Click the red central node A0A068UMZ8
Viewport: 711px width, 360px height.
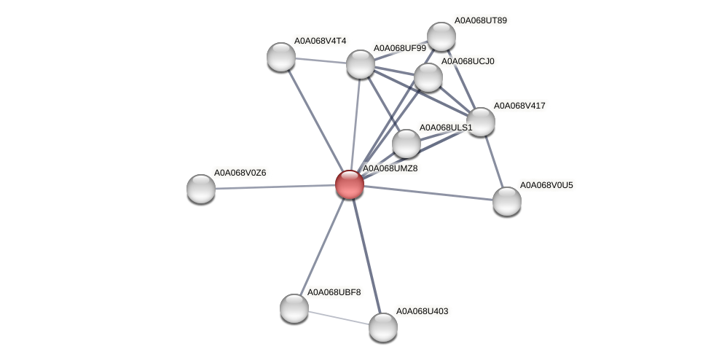click(x=350, y=184)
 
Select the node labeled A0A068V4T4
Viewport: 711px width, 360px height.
click(x=281, y=57)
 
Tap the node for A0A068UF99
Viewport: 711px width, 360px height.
click(x=361, y=64)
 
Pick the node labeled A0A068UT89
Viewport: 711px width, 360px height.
click(x=441, y=36)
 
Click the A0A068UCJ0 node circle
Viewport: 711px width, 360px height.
click(x=428, y=77)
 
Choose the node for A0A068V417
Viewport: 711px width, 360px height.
click(x=481, y=122)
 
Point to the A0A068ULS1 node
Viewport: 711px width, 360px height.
click(x=406, y=144)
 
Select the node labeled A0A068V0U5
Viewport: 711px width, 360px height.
click(x=507, y=201)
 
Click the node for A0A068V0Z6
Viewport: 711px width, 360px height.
click(x=201, y=189)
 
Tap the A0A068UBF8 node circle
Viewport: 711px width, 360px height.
click(x=294, y=308)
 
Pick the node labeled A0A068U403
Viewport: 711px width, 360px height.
click(x=383, y=327)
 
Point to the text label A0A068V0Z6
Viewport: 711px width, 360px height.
click(x=240, y=173)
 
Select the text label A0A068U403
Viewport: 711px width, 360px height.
click(x=422, y=311)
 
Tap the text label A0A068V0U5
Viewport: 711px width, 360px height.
click(x=546, y=185)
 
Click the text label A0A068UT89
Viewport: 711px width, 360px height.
click(x=480, y=20)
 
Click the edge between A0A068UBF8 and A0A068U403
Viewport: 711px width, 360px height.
click(x=339, y=318)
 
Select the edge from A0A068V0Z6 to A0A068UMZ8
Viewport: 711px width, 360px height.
click(x=275, y=187)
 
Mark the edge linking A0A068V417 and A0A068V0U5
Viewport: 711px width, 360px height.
click(x=494, y=161)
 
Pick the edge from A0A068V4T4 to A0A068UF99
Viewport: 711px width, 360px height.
click(x=321, y=60)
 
